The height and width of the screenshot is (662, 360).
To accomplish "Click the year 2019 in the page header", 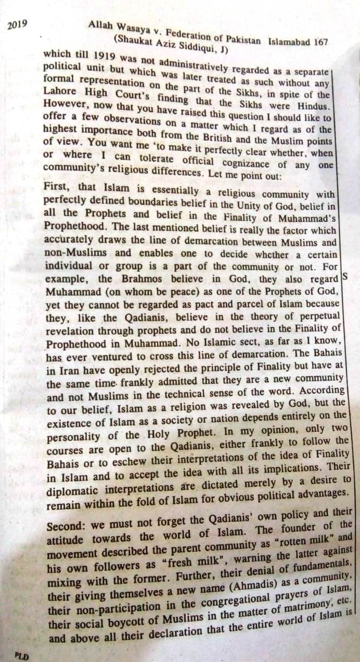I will click(x=18, y=24).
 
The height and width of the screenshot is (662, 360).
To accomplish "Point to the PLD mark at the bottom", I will click(x=21, y=655).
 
